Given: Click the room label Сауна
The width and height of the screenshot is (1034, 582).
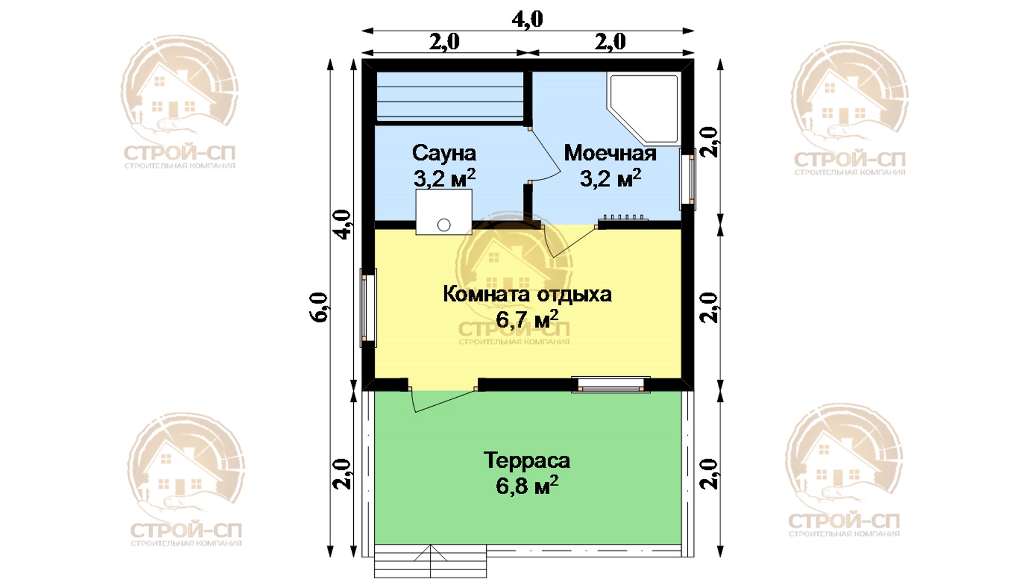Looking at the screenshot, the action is point(444,153).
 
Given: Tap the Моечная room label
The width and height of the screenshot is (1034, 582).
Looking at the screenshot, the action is point(610,153).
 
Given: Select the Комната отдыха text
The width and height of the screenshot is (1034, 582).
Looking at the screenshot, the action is point(527,294).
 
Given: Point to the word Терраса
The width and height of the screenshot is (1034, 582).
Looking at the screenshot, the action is point(527,460).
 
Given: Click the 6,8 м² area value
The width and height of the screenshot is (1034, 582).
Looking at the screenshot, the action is point(527,486).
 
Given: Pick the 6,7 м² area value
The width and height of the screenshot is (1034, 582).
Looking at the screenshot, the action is point(527,319).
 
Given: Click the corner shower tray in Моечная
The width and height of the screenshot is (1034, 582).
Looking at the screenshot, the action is point(643,109).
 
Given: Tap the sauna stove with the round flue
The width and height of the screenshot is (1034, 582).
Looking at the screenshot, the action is point(444,212).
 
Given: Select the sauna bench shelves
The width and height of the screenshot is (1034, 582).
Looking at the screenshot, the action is point(450,96).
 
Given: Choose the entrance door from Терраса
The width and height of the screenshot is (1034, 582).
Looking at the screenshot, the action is point(442,399).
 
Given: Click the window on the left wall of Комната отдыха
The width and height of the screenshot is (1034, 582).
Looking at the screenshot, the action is point(368,308).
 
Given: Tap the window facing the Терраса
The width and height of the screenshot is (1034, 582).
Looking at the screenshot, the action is point(611,385).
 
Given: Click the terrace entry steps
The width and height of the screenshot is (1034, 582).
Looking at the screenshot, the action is point(430,561).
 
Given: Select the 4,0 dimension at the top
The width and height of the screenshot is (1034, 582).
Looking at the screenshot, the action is point(527,19).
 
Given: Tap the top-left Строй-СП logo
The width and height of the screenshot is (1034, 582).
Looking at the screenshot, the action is point(179,102).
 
